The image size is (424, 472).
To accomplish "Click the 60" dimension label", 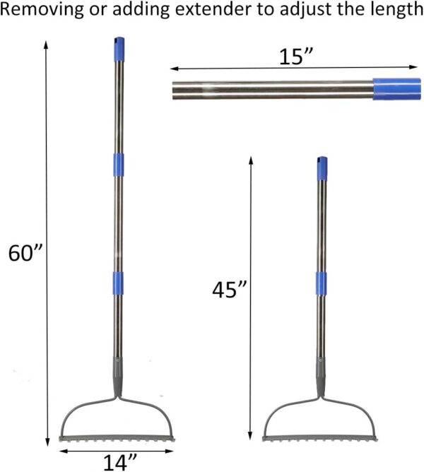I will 26,252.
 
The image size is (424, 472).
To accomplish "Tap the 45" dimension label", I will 230,290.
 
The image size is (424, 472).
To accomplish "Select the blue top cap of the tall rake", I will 116,49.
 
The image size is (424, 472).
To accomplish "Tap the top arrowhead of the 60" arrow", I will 47,43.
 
